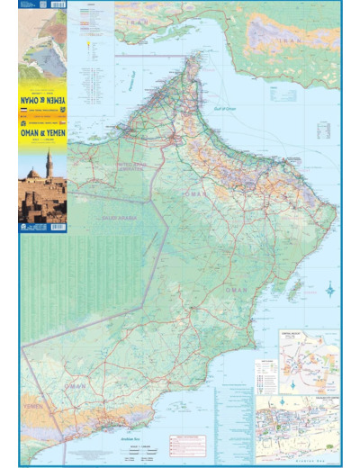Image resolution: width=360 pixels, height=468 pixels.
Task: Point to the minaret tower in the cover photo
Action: point(49,164)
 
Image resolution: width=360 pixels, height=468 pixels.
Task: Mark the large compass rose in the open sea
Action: point(329,290)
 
